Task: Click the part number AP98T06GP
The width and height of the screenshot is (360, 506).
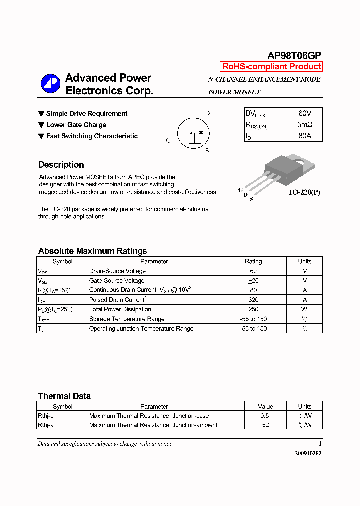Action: (x=294, y=56)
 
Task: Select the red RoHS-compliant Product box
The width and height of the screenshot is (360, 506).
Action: (x=271, y=67)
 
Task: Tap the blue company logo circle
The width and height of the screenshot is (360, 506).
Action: (x=50, y=84)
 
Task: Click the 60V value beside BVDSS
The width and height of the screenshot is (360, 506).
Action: (x=304, y=114)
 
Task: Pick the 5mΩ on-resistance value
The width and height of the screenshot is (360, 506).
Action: (x=304, y=125)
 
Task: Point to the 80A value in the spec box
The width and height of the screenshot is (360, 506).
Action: (x=304, y=135)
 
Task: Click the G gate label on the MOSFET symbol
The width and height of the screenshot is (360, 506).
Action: (x=168, y=140)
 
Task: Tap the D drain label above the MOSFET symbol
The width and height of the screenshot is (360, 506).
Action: (x=207, y=113)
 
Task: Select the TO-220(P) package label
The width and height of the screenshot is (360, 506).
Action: (x=303, y=192)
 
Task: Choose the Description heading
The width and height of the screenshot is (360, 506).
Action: (x=61, y=165)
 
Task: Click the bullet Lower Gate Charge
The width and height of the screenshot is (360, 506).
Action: (x=76, y=125)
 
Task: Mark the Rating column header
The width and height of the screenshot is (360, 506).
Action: (x=253, y=261)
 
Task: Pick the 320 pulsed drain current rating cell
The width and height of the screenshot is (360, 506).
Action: (x=253, y=300)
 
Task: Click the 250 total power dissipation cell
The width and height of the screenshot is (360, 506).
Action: (x=253, y=309)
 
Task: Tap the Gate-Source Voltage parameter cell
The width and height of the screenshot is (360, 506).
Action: (x=117, y=281)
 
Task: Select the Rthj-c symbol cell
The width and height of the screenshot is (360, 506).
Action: (x=46, y=416)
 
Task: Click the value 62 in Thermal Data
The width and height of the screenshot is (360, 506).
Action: (x=265, y=425)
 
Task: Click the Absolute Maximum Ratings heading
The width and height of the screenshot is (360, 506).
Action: (x=92, y=251)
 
